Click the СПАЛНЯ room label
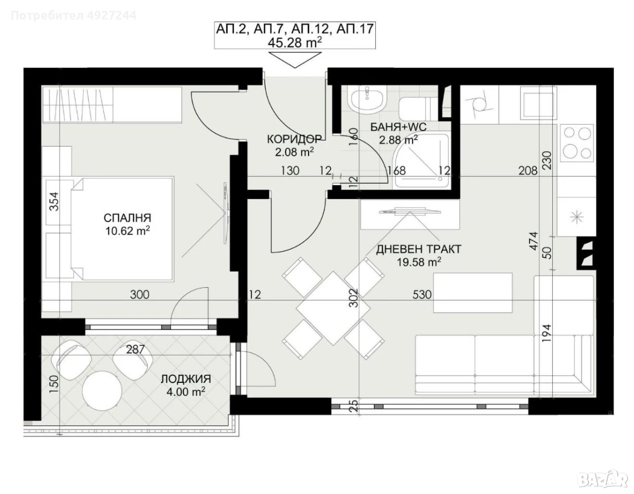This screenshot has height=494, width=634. (x=128, y=218)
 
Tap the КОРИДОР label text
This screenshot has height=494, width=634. (x=295, y=139)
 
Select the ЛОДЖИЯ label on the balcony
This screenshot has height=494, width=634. (x=186, y=379)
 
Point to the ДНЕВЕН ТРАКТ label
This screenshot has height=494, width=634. (x=419, y=250)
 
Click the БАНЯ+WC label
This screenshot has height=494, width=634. (x=398, y=127)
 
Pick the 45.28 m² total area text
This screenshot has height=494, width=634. (x=295, y=43)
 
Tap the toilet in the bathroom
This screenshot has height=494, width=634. (x=419, y=109)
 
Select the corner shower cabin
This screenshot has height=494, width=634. (x=421, y=161)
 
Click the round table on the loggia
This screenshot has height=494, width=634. (x=102, y=391)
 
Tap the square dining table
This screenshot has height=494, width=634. (x=333, y=308)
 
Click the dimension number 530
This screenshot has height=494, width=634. (x=422, y=294)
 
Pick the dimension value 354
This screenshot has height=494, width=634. (x=54, y=201)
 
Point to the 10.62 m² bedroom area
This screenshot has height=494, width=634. (x=128, y=231)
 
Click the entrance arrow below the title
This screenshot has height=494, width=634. (x=295, y=60)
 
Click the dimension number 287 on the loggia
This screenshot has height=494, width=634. (x=135, y=349)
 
